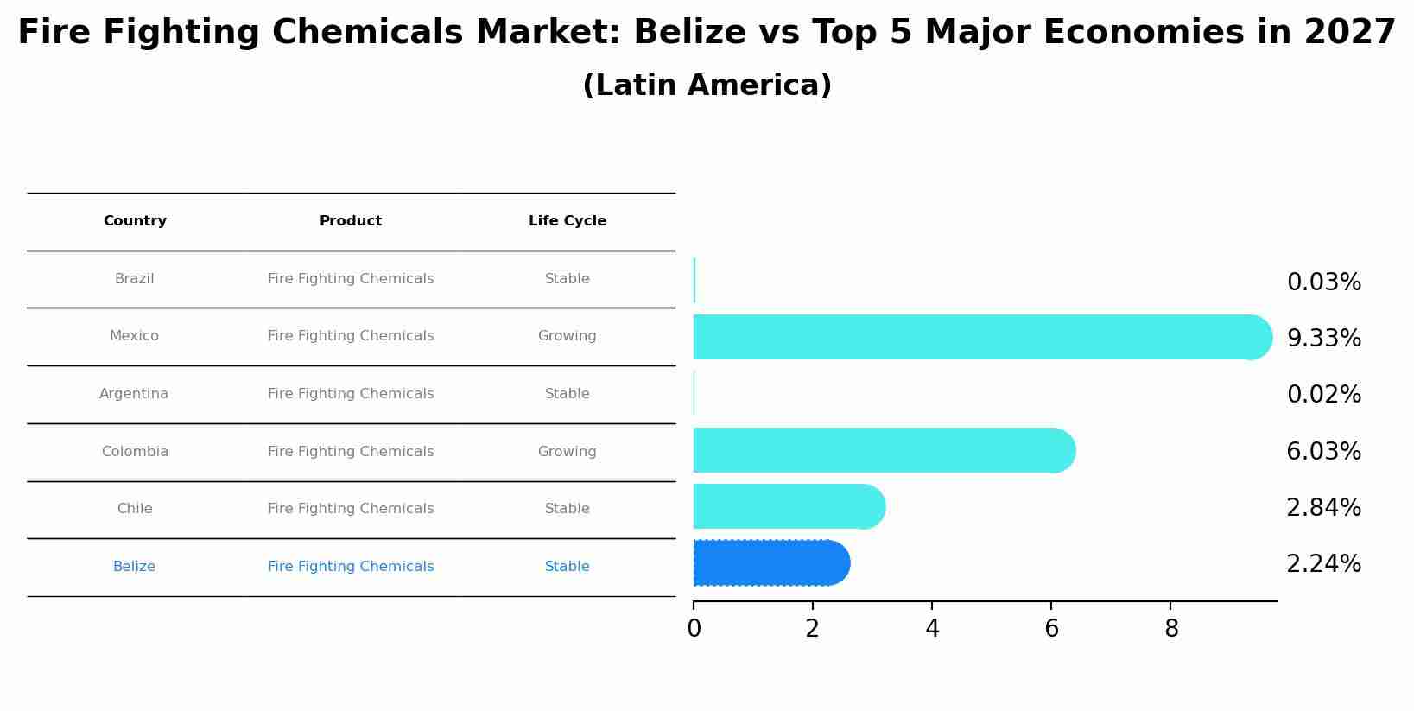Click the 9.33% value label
point(1323,339)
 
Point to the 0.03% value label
point(1323,282)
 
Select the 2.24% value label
point(1323,564)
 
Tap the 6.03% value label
point(1323,452)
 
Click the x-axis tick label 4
point(932,629)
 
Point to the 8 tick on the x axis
point(1171,629)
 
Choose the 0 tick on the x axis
point(694,629)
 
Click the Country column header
point(135,221)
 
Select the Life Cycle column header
point(568,221)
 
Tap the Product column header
point(351,221)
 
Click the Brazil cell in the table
point(135,279)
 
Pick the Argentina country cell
point(134,394)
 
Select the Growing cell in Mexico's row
point(567,336)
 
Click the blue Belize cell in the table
point(134,567)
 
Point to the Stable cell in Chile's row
point(567,509)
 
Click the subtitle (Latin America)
point(707,86)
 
